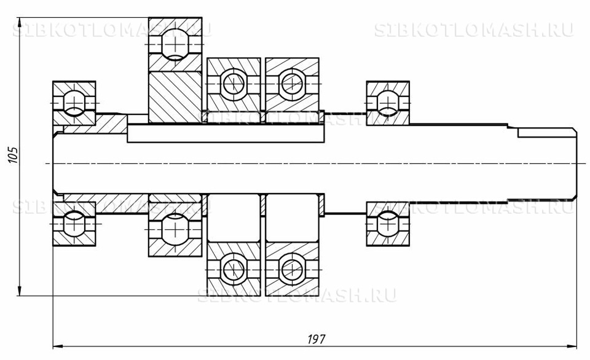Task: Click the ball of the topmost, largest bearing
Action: click(175, 45)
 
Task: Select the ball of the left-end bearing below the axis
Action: click(74, 224)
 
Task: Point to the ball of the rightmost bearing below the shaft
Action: click(388, 224)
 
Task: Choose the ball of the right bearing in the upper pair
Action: click(291, 83)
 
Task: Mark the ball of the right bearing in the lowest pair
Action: click(291, 268)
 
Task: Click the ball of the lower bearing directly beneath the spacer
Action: click(175, 225)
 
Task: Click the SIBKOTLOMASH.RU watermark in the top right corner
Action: click(473, 30)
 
